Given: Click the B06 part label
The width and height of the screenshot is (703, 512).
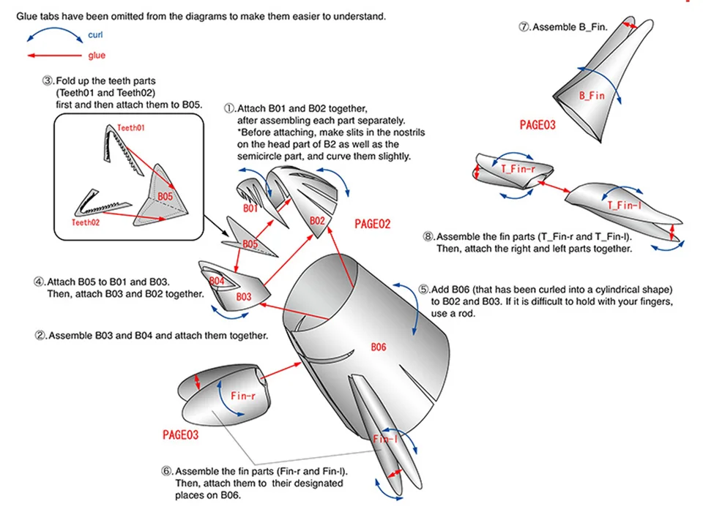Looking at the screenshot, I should tap(378, 347).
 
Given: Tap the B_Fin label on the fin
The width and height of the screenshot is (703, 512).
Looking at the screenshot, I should tap(592, 96).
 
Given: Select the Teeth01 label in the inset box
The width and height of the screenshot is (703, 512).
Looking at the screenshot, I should tap(131, 127).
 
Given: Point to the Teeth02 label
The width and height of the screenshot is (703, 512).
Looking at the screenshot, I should tap(86, 222).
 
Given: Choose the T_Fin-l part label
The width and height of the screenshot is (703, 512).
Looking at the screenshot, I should tap(624, 206).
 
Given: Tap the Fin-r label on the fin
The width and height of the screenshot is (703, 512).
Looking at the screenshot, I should tap(242, 395).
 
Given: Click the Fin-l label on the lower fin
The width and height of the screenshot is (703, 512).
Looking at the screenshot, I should tap(385, 440).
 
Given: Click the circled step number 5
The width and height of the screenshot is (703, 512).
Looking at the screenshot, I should tap(423, 289).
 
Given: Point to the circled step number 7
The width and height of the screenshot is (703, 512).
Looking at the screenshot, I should tap(524, 27).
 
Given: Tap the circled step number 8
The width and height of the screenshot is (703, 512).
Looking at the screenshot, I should tap(428, 236).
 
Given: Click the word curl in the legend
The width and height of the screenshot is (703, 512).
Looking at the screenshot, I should tap(95, 34).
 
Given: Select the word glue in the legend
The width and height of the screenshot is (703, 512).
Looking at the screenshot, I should tap(97, 56).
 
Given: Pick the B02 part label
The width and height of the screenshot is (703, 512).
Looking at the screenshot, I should tap(317, 220).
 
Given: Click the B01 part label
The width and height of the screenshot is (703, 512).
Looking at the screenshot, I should tap(250, 208).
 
